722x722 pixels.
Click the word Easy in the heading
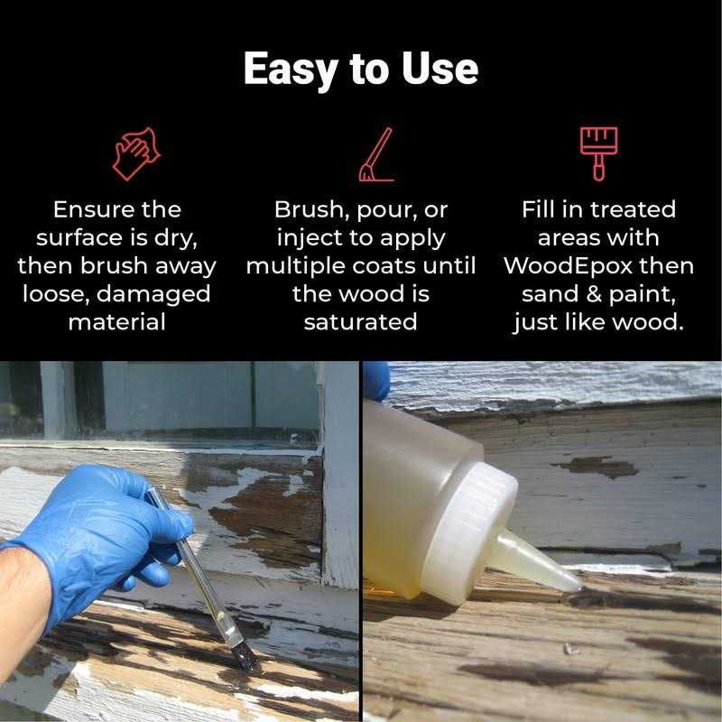291,69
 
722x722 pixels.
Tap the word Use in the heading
440,69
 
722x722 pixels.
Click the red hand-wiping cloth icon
136,153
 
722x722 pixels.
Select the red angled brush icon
376,154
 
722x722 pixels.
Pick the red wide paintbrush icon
598,153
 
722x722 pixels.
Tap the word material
116,322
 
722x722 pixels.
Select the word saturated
360,322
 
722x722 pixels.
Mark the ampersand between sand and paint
594,294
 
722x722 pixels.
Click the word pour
387,211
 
